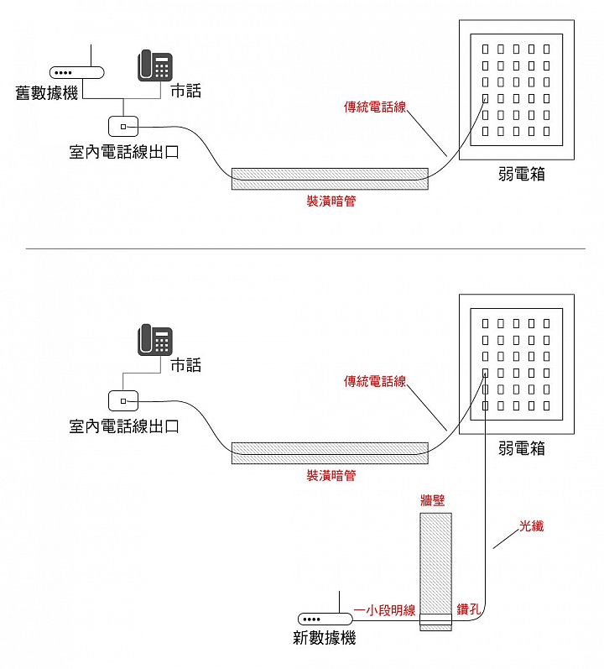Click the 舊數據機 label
point(47,92)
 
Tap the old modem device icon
point(76,72)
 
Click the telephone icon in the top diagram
point(154,65)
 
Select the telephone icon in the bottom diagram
point(154,340)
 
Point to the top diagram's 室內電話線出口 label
point(124,152)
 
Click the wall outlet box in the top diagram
point(123,126)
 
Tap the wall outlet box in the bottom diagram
point(123,400)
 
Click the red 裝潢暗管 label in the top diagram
point(331,201)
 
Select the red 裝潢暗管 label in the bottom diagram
point(331,475)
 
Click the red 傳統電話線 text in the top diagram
point(375,107)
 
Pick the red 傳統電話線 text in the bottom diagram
point(375,381)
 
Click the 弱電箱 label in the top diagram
point(522,174)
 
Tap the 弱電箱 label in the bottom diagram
point(522,448)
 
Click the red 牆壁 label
point(433,499)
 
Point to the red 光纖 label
point(532,525)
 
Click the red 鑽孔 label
point(469,609)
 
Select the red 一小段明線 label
point(384,610)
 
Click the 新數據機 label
point(325,638)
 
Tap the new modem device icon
point(325,619)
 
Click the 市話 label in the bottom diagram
point(186,365)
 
